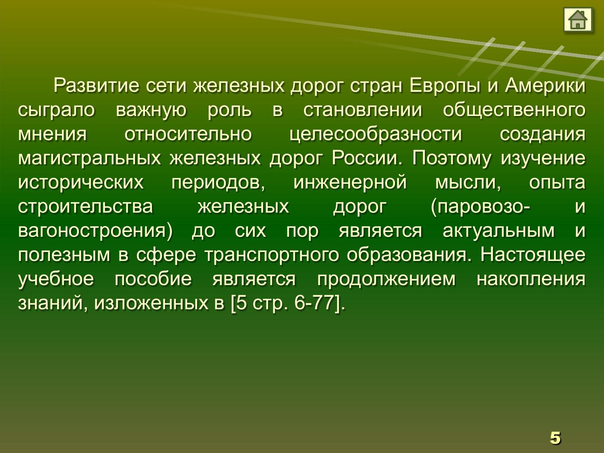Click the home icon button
tap(577, 20)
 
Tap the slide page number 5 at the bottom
tap(555, 438)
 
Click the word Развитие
tap(97, 85)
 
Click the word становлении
tap(363, 110)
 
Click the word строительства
tap(85, 206)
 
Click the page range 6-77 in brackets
tap(314, 303)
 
